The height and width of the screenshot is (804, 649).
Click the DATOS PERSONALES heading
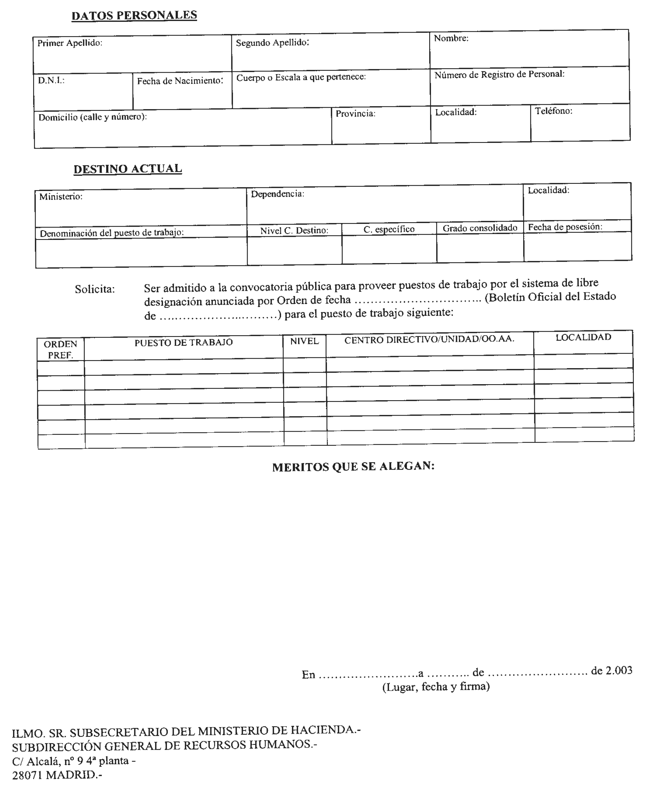[x=134, y=15]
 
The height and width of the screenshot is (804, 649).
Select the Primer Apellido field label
[x=70, y=43]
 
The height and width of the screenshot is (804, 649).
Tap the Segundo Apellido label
[x=272, y=43]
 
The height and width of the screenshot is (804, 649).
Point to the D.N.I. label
[x=51, y=80]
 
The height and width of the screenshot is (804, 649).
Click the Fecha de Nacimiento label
[x=180, y=81]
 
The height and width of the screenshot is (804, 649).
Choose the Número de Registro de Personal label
[x=499, y=74]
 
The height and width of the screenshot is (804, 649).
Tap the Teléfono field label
[x=553, y=111]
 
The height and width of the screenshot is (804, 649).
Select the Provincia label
[x=355, y=114]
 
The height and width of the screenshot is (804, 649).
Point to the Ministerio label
[x=61, y=197]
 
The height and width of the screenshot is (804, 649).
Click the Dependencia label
[x=278, y=194]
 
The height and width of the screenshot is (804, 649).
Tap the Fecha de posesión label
[x=565, y=227]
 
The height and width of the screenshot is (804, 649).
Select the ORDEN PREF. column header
[x=61, y=349]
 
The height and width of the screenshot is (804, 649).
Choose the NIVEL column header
[x=304, y=341]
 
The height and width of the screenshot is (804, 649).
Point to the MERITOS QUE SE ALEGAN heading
[x=353, y=467]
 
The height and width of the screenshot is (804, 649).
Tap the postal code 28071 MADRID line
[x=57, y=775]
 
